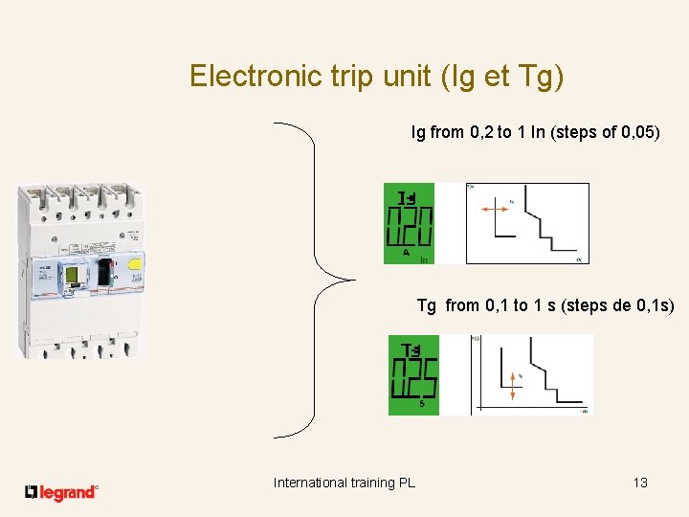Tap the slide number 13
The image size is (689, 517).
tap(640, 483)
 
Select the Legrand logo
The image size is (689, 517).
tap(61, 492)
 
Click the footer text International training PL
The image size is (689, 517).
tap(344, 483)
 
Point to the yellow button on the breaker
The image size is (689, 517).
tap(135, 265)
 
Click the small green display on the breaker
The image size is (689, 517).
tap(72, 278)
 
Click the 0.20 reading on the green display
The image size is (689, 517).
tap(409, 229)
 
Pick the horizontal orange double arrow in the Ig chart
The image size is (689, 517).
tap(494, 206)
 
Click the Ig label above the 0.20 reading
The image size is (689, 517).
tap(408, 198)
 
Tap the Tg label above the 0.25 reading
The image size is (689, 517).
tap(412, 350)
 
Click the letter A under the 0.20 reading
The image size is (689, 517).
tap(407, 254)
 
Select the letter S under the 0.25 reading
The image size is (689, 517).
tap(422, 405)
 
